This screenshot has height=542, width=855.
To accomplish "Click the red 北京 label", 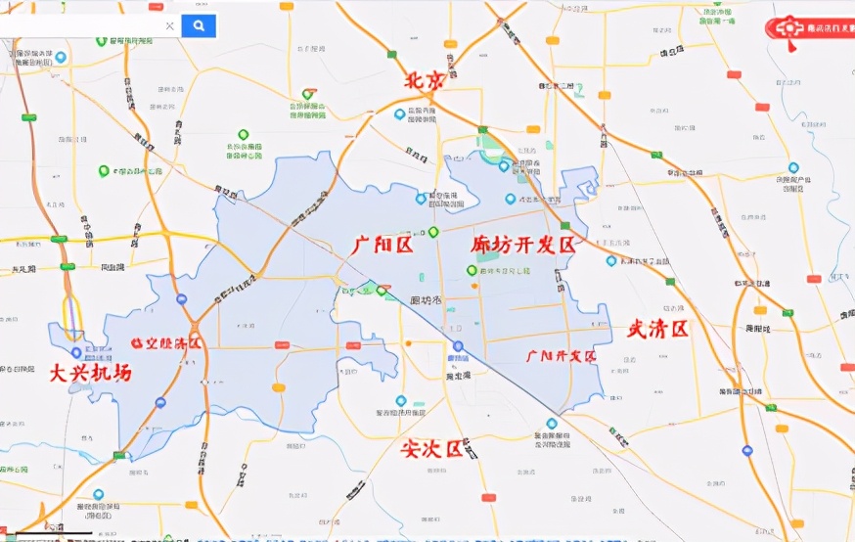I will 425,81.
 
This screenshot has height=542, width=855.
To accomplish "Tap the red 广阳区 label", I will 382,245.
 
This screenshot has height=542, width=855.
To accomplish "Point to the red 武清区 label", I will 658,329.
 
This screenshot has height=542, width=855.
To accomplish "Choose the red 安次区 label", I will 431,449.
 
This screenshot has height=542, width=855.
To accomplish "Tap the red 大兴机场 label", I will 91,373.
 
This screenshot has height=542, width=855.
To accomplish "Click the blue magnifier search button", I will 199,26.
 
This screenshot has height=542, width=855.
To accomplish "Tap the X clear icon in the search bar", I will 169,26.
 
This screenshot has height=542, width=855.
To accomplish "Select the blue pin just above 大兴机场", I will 76,352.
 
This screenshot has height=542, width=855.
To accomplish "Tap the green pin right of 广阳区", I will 432,232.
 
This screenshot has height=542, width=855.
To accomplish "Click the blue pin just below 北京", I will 399,114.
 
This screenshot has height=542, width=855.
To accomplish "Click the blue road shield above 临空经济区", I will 182,298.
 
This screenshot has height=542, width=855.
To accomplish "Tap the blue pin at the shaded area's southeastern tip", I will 551,424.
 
